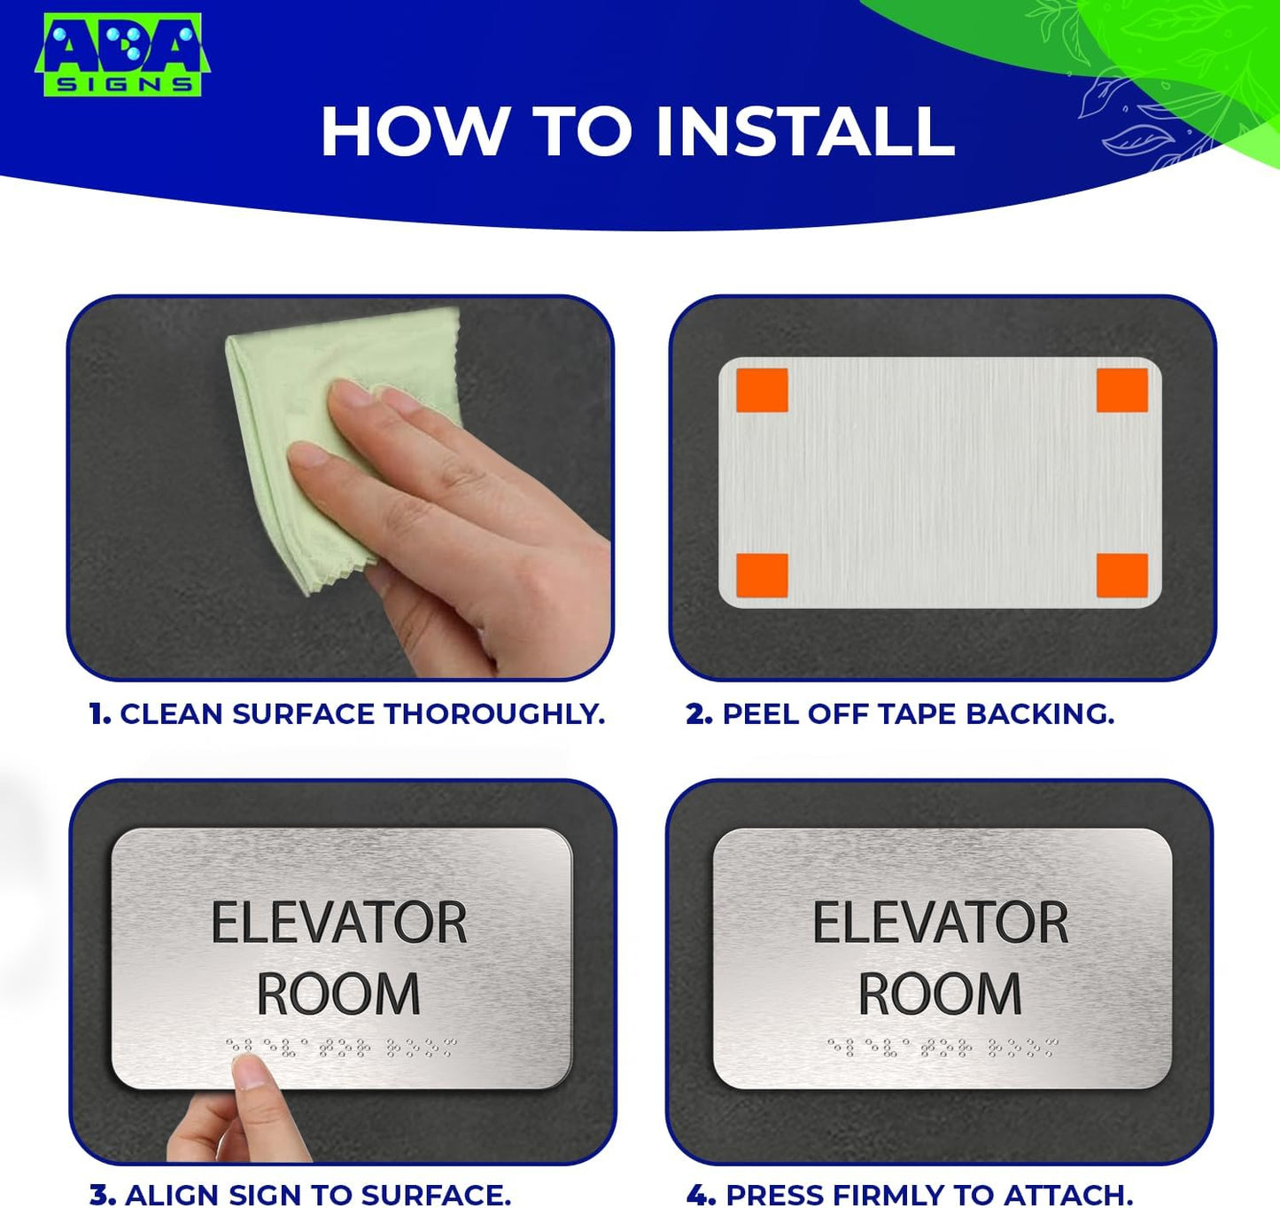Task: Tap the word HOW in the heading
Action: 413,132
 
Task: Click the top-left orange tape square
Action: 762,391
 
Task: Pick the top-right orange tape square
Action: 1121,391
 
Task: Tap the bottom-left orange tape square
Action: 762,576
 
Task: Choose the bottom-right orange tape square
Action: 1121,576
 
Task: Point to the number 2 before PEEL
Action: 698,714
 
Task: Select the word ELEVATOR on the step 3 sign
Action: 338,924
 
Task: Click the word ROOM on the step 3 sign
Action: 338,994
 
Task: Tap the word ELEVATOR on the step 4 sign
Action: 941,924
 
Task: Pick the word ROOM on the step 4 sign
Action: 941,994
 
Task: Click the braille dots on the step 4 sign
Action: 943,1048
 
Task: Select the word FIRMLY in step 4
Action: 890,1195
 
